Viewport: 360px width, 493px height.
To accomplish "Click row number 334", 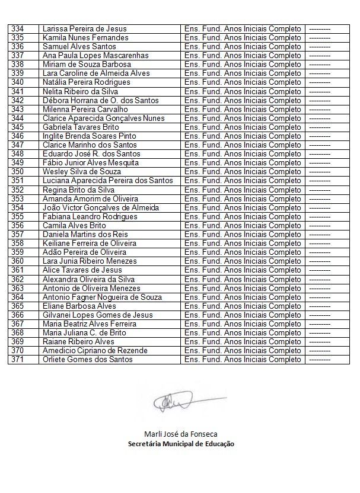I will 18,28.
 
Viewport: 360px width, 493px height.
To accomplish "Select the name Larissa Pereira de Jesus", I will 84,28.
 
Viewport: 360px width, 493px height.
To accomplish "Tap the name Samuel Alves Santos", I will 79,46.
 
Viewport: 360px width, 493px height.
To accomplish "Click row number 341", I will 18,91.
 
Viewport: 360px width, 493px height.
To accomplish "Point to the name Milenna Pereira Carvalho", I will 85,109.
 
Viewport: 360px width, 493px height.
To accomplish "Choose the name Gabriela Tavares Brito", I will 81,127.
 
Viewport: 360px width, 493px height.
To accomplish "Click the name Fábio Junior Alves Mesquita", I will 91,162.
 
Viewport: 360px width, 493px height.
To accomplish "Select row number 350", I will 18,171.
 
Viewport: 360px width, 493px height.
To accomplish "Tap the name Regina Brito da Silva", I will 78,190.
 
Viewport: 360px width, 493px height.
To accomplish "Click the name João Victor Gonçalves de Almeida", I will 101,207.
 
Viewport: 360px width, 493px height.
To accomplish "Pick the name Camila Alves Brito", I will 74,225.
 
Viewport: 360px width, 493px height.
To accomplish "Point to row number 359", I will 18,252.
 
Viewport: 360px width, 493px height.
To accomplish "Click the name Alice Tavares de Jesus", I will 82,270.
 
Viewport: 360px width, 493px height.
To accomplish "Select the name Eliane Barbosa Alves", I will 79,306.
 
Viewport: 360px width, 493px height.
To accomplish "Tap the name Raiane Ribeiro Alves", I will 78,341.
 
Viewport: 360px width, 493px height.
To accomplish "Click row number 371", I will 18,359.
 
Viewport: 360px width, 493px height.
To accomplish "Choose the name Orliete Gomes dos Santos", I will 87,359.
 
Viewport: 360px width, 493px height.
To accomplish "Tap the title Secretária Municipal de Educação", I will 180,444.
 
